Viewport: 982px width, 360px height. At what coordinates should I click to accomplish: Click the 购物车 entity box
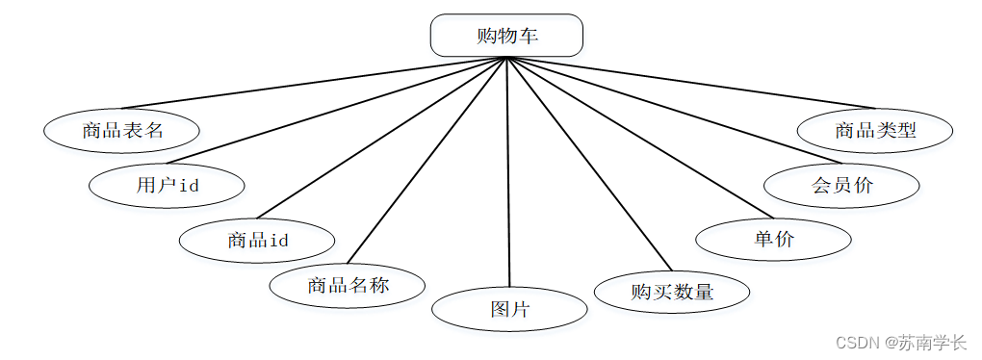pos(506,36)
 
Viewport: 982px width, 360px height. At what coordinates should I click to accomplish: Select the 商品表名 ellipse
pos(122,131)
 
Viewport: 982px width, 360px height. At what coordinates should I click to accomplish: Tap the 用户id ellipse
pos(168,186)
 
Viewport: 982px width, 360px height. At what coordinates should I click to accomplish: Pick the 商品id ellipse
pos(257,240)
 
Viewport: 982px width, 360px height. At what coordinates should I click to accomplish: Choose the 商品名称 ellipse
pos(348,286)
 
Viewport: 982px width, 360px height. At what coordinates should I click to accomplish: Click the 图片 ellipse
pos(510,309)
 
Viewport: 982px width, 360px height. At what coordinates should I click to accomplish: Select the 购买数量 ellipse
pos(672,292)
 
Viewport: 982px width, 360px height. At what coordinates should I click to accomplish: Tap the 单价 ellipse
pos(773,239)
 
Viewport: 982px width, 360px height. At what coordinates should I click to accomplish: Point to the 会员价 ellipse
pos(841,186)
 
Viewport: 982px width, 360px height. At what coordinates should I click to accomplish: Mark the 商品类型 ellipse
pos(875,131)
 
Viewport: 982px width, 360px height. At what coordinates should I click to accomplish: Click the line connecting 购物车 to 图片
pos(508,172)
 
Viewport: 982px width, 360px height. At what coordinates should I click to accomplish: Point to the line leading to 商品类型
pos(691,83)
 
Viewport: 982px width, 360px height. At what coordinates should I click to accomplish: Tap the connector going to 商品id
pos(381,138)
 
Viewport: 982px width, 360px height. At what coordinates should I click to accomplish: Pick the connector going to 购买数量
pos(588,164)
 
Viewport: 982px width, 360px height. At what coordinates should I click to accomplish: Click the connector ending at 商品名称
pos(426,161)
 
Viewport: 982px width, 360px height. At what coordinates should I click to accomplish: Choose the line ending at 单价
pos(640,137)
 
